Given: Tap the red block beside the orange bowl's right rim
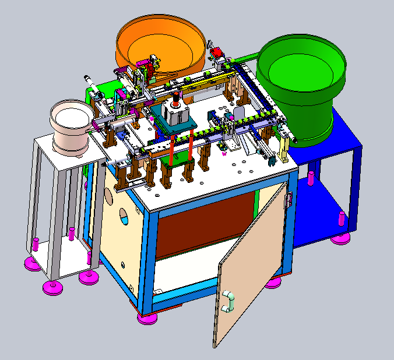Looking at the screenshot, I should (217, 54).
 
